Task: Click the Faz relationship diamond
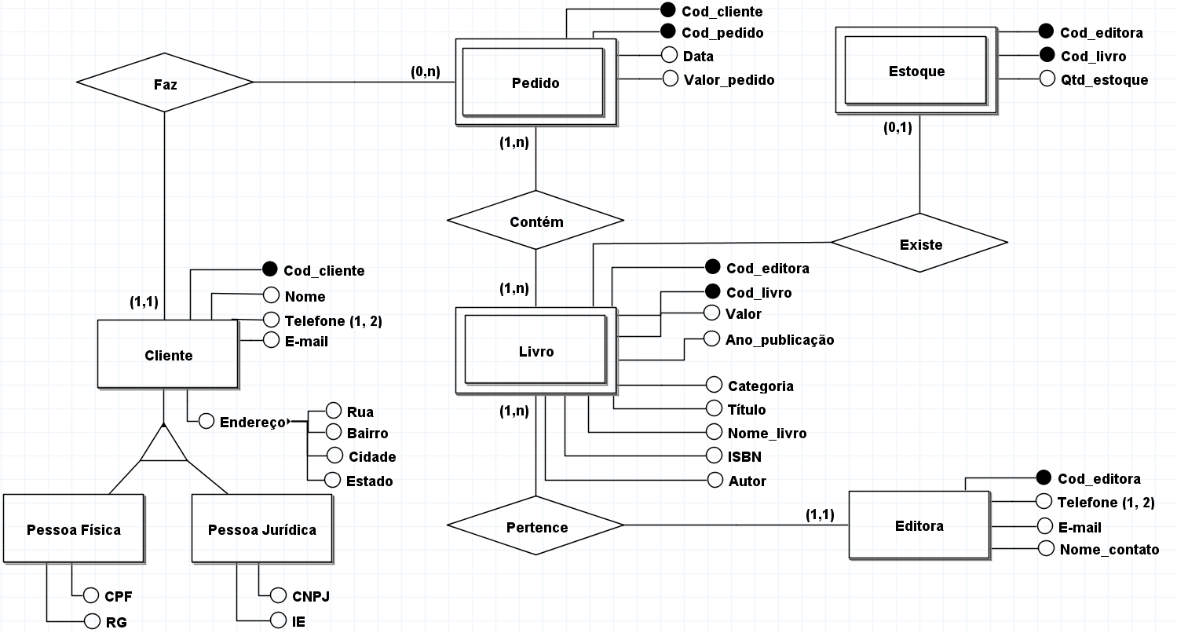[x=165, y=82]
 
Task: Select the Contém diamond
[x=535, y=221]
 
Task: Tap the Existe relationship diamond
[x=919, y=243]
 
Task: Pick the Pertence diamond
[x=535, y=525]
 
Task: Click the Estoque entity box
[x=916, y=71]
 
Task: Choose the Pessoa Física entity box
[x=74, y=529]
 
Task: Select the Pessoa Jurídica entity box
[x=262, y=529]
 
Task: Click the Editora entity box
[x=919, y=525]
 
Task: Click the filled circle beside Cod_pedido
[x=668, y=32]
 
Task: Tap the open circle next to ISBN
[x=715, y=456]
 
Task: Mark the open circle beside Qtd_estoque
[x=1046, y=79]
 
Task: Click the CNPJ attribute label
[x=311, y=595]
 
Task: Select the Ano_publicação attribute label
[x=780, y=339]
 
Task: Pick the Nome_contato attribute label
[x=1109, y=549]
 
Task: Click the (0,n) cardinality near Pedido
[x=425, y=71]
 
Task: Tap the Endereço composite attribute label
[x=253, y=422]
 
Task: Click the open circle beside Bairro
[x=333, y=432]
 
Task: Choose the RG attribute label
[x=116, y=622]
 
